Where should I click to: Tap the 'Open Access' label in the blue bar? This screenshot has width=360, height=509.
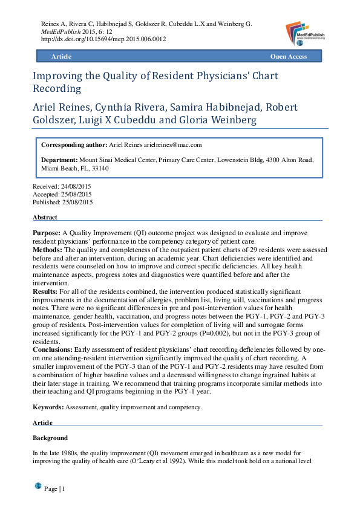point(288,56)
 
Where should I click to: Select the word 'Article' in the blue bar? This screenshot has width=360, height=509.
point(61,56)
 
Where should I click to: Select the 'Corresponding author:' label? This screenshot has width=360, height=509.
point(73,145)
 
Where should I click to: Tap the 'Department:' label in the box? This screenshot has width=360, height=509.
point(59,160)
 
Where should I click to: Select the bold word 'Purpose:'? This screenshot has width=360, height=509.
point(46,232)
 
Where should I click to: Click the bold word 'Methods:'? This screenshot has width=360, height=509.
point(47,249)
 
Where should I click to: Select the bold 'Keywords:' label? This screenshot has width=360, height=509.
point(48,407)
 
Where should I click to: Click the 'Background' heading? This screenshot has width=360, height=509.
point(49,438)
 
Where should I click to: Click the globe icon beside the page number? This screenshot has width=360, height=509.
point(38,485)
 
